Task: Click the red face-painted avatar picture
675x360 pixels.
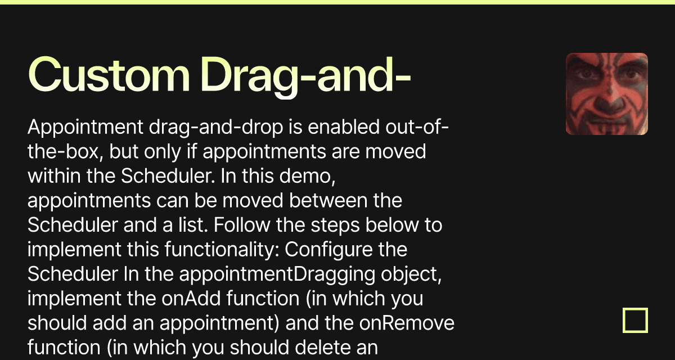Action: pos(606,94)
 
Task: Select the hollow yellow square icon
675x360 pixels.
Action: pos(635,320)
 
